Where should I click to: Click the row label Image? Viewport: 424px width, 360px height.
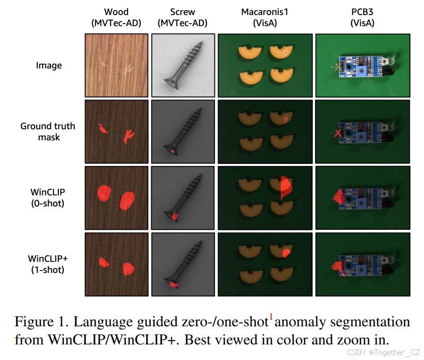coord(49,65)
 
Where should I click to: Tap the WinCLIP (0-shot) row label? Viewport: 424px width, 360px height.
coord(49,197)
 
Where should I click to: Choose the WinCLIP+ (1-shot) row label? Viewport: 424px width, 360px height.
coord(48,263)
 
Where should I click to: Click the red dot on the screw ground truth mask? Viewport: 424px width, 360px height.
coord(172,150)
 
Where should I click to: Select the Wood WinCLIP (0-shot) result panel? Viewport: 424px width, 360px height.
coord(117,197)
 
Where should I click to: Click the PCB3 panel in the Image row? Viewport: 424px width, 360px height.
coord(362,65)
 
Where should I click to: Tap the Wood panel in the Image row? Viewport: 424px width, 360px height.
coord(117,65)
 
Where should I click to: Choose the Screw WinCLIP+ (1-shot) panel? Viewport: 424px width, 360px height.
coord(183,263)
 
